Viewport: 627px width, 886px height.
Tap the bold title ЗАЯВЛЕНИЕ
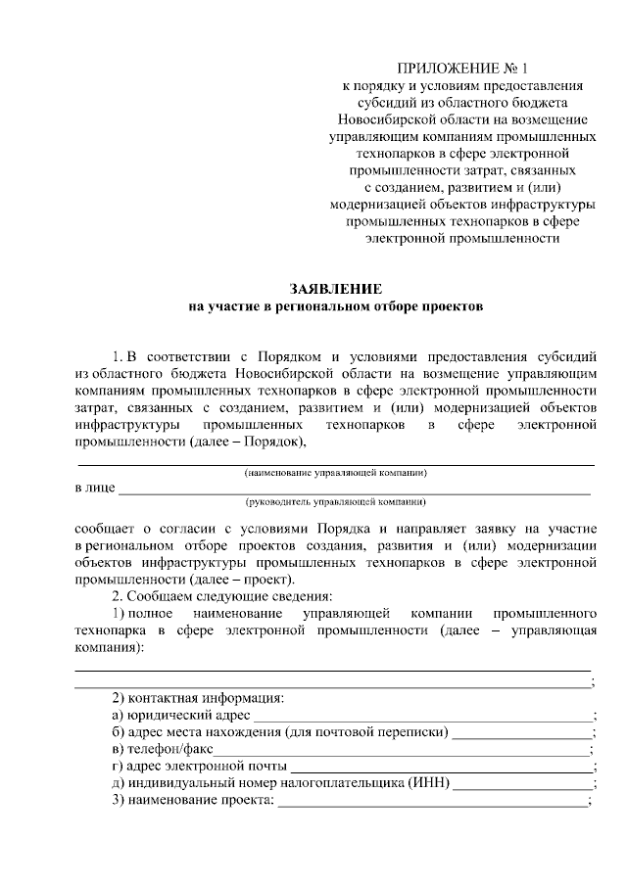(336, 289)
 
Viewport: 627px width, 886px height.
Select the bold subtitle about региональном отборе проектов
(336, 306)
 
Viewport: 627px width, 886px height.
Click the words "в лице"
(95, 487)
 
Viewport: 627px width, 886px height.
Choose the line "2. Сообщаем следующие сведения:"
(223, 596)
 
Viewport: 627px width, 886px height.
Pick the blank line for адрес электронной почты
(442, 769)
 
